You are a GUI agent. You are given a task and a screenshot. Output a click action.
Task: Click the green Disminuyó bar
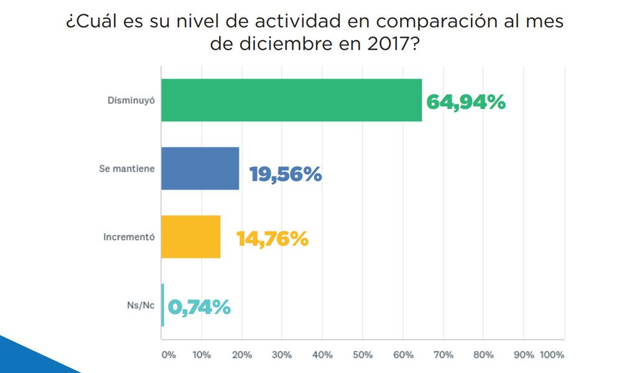pos(291,100)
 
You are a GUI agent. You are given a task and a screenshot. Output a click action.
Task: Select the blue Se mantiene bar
pos(200,168)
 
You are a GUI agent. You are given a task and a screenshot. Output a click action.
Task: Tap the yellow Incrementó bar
pos(190,237)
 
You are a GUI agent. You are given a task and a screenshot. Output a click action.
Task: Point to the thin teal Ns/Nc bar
pos(163,305)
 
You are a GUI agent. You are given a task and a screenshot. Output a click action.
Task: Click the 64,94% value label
pos(465,102)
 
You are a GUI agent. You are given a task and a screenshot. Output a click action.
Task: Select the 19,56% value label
pos(286,175)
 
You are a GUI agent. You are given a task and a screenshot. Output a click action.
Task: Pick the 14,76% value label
pos(272,239)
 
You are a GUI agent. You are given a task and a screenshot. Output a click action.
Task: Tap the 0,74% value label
pos(199,306)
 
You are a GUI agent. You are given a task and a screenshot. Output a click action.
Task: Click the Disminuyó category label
pos(130,100)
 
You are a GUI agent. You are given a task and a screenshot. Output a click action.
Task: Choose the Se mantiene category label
pos(126,168)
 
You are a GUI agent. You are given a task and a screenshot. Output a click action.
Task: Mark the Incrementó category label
pos(129,237)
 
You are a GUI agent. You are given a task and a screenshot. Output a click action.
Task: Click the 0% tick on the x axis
pos(169,355)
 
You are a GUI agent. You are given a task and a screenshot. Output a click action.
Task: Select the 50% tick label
pos(362,355)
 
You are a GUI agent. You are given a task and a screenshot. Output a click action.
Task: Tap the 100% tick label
pos(552,355)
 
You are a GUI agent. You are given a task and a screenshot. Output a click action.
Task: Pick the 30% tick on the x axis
pos(282,355)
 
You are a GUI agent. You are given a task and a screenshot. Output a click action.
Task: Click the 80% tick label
pos(483,355)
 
